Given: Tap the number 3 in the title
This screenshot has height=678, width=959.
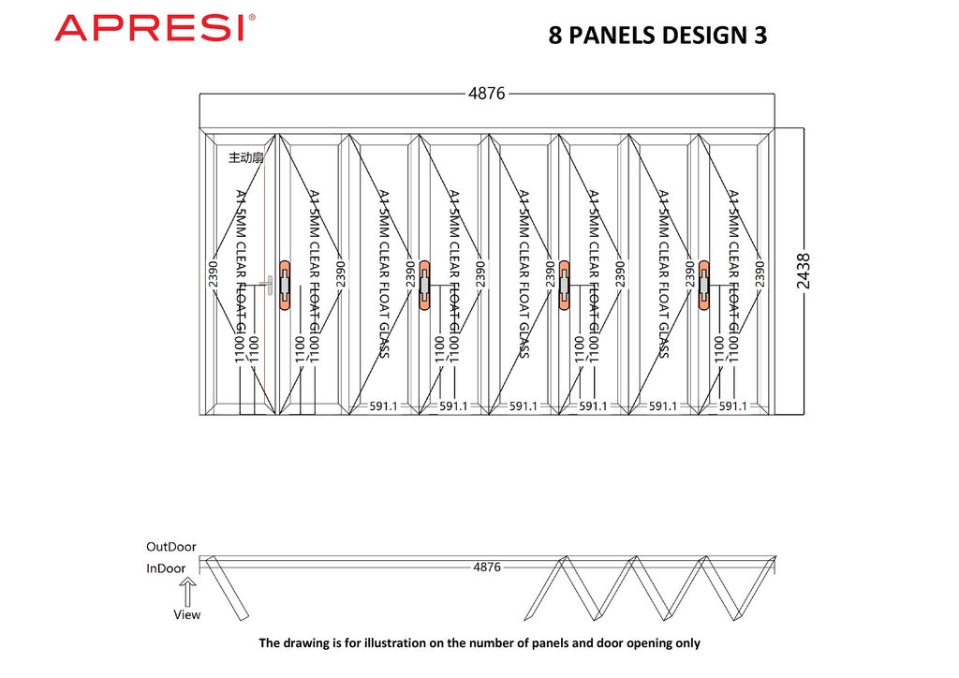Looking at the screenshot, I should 760,36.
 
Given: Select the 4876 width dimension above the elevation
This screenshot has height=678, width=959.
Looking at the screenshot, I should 487,94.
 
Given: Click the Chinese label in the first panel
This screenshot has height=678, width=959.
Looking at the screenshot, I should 246,158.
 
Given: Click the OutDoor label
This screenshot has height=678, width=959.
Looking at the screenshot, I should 171,546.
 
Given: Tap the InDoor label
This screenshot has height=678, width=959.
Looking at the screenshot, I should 166,567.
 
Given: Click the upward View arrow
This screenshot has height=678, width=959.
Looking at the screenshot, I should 187,592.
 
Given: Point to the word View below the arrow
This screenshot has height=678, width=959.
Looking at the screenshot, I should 187,614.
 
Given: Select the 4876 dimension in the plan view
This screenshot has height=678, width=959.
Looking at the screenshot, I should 487,567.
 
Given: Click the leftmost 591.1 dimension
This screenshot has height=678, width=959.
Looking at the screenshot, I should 383,406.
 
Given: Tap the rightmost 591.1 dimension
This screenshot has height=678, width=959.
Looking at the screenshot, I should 732,406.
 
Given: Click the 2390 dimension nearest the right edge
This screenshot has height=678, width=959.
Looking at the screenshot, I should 760,268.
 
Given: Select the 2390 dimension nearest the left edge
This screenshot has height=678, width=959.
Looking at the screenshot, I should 214,268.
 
